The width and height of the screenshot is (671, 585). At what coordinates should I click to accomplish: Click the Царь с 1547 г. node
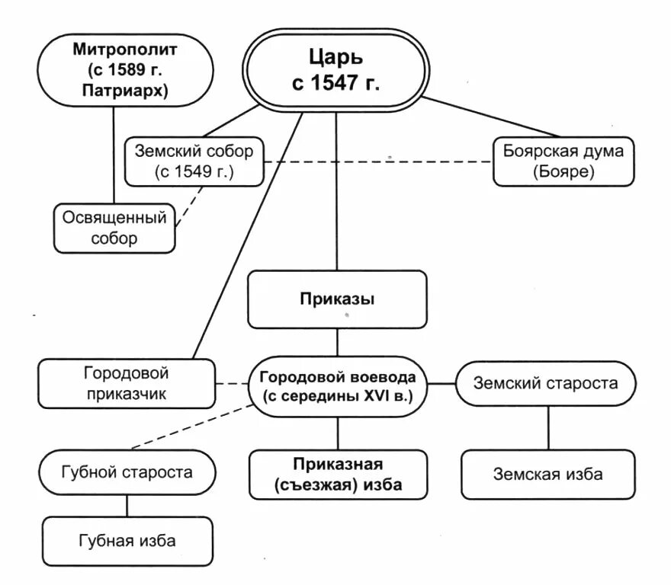coord(336,69)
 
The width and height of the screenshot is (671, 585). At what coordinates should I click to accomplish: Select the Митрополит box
coord(114,72)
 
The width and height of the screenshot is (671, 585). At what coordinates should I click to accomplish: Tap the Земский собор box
coord(194,161)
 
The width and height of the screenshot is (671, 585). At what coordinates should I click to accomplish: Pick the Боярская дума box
coord(563,161)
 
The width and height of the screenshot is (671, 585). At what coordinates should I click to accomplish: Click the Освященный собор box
coord(114,228)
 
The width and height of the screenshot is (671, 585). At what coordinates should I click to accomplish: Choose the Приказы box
coord(336,299)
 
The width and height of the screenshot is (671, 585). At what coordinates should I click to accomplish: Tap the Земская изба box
coord(547,474)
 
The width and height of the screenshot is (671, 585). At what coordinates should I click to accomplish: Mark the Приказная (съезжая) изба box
coord(337,474)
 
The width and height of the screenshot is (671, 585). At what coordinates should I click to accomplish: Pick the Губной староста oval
coord(127,472)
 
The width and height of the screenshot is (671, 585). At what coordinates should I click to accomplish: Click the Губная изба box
coord(127,541)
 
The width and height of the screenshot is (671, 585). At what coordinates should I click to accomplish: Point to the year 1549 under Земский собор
coord(197,172)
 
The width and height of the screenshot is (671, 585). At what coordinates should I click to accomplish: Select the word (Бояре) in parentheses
coord(563,172)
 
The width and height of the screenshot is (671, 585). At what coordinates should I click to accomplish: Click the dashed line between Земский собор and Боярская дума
coord(381,161)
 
